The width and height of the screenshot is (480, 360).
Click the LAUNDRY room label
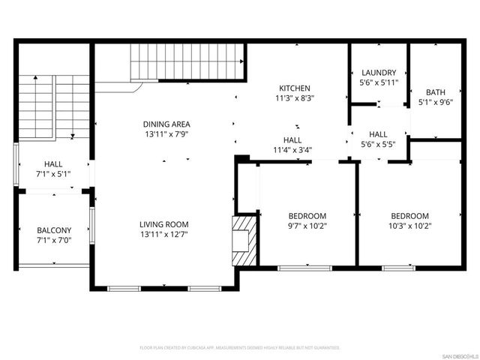coord(378,73)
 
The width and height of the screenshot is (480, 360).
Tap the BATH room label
coord(434,92)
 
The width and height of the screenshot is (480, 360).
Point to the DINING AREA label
coord(166,124)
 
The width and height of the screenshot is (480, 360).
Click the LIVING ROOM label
coord(163,224)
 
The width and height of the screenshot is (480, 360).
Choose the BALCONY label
coord(54,230)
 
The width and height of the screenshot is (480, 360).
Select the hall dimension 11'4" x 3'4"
coord(292,149)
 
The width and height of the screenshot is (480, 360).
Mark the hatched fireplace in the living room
coord(244,240)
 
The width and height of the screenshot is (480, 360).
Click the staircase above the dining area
coord(188,61)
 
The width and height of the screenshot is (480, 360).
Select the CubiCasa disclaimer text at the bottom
coord(240,348)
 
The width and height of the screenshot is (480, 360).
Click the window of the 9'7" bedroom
coord(298,267)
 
